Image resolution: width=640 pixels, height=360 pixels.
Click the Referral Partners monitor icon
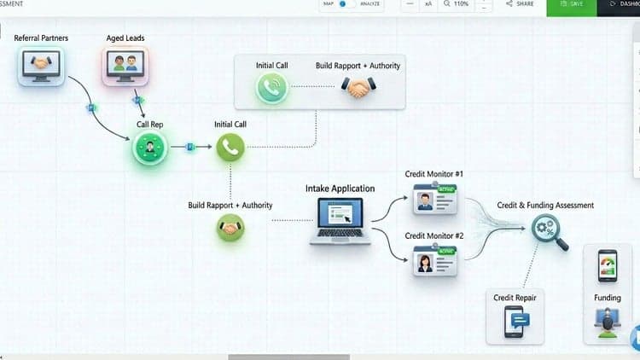coord(41,66)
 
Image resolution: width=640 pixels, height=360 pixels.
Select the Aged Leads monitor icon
coord(125,66)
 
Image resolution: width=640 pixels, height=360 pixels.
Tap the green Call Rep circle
coord(150,147)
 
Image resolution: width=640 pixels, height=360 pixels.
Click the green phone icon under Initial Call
coord(230,147)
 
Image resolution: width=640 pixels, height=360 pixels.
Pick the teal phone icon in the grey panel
coord(272,87)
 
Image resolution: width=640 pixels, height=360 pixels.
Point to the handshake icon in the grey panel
coord(358,87)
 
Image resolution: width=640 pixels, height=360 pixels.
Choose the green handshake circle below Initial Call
coord(230,228)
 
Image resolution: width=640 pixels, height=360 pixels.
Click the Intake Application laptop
coord(340,221)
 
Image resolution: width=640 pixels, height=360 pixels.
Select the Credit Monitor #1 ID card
coord(434,199)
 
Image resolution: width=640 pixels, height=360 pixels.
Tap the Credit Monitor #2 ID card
coord(434,261)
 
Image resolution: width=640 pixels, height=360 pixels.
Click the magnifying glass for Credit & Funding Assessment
coord(550,232)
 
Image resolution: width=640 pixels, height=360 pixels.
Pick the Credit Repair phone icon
coord(516,322)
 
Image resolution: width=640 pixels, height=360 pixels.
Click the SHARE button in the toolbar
coord(520,3)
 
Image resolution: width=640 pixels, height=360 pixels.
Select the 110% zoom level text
coord(461,3)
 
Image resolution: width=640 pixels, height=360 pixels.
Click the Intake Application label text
coord(340,189)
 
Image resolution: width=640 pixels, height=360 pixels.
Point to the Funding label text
coord(608,298)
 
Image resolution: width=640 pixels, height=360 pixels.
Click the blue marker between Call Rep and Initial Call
coord(190,147)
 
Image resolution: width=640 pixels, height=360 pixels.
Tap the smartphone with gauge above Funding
coord(608,266)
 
